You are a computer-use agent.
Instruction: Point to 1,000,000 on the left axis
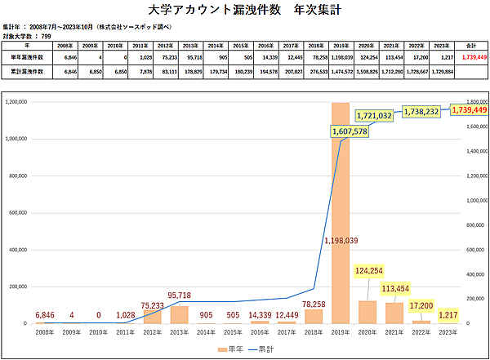click(18, 139)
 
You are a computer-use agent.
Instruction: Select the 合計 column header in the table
click(470, 47)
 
